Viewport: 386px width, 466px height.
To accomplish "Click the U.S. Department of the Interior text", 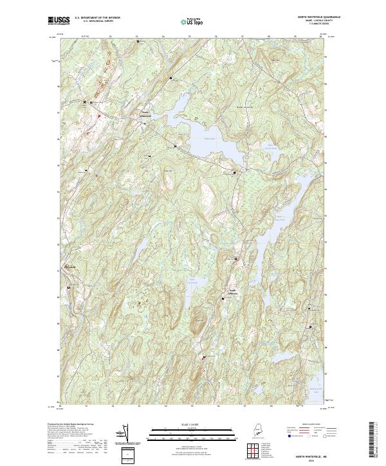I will [98, 18].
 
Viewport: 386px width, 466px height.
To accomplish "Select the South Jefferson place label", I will [230, 292].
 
